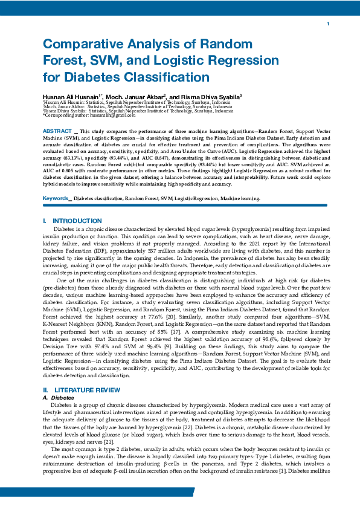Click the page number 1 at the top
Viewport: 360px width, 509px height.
tap(327, 24)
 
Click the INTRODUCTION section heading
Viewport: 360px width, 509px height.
tap(77, 221)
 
